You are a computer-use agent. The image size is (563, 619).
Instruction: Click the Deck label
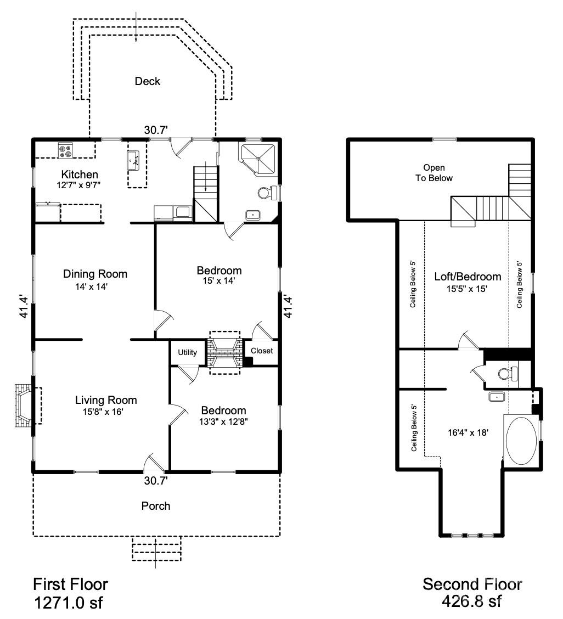[148, 81]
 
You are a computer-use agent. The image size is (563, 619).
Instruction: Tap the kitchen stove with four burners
[65, 150]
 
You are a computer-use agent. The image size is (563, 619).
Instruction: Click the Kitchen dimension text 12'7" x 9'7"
[80, 185]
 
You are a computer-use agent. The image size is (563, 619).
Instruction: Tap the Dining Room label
[95, 274]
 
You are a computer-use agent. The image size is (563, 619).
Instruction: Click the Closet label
[262, 351]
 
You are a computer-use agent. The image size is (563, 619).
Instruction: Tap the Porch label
[156, 506]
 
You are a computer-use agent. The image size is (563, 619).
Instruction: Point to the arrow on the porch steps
[156, 550]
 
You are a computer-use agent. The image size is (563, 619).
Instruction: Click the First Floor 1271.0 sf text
[71, 593]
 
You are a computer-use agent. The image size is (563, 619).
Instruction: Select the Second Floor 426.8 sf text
[472, 593]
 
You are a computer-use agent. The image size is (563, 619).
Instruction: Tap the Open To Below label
[433, 173]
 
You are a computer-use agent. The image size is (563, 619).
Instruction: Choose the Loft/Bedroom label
[468, 277]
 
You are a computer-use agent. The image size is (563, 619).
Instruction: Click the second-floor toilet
[508, 374]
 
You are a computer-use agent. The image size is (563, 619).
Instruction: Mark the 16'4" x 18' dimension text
[468, 432]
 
